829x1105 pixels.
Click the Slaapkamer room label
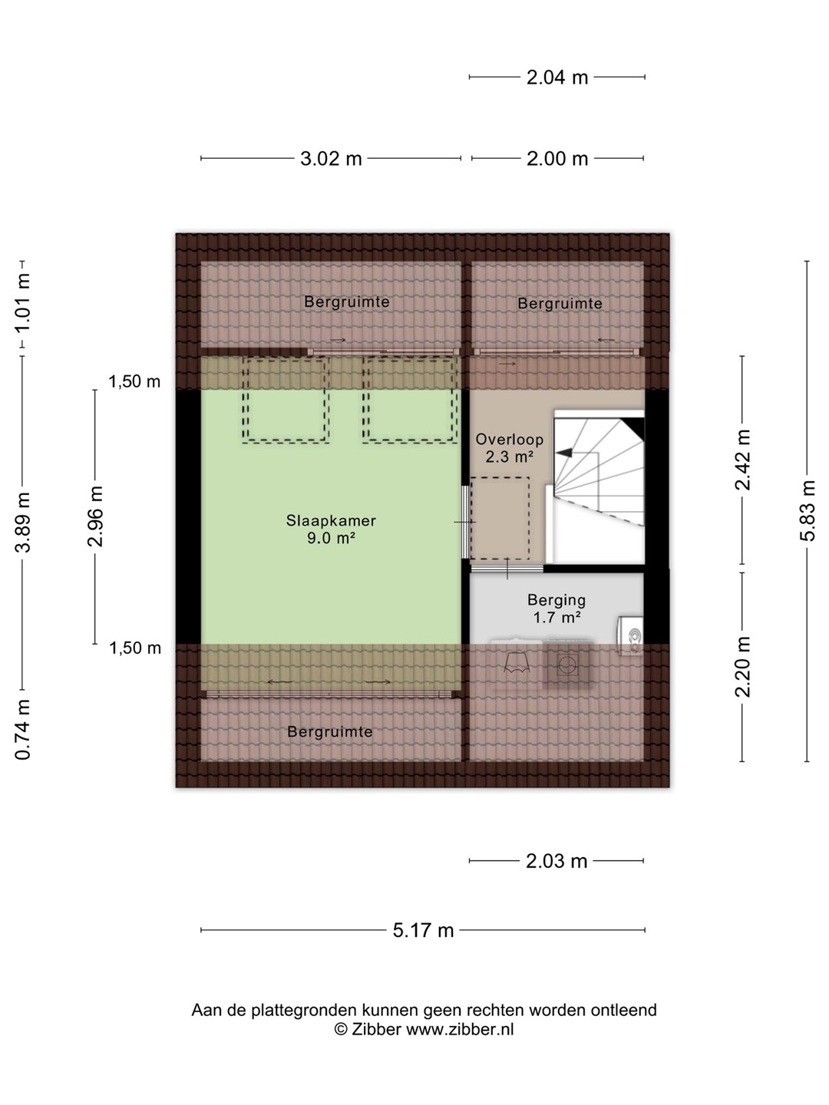(x=331, y=520)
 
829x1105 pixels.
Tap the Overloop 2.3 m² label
(x=510, y=448)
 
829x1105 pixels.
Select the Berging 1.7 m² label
(x=557, y=608)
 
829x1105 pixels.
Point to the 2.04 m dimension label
(x=557, y=78)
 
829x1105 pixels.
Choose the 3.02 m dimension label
(x=331, y=159)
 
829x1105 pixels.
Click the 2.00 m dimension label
(x=557, y=159)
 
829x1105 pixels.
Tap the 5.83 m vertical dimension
(x=807, y=510)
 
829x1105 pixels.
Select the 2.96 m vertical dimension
(x=95, y=516)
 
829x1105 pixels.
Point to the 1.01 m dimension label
(x=23, y=303)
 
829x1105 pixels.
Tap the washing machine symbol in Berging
(x=567, y=665)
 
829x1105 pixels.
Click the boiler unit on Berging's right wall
(x=631, y=636)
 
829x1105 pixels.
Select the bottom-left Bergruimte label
(x=330, y=731)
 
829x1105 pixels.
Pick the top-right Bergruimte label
(x=560, y=303)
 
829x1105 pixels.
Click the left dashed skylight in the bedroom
(x=286, y=400)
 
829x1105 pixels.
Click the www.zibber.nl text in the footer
(x=460, y=1030)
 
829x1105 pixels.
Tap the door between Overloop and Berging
(x=507, y=569)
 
